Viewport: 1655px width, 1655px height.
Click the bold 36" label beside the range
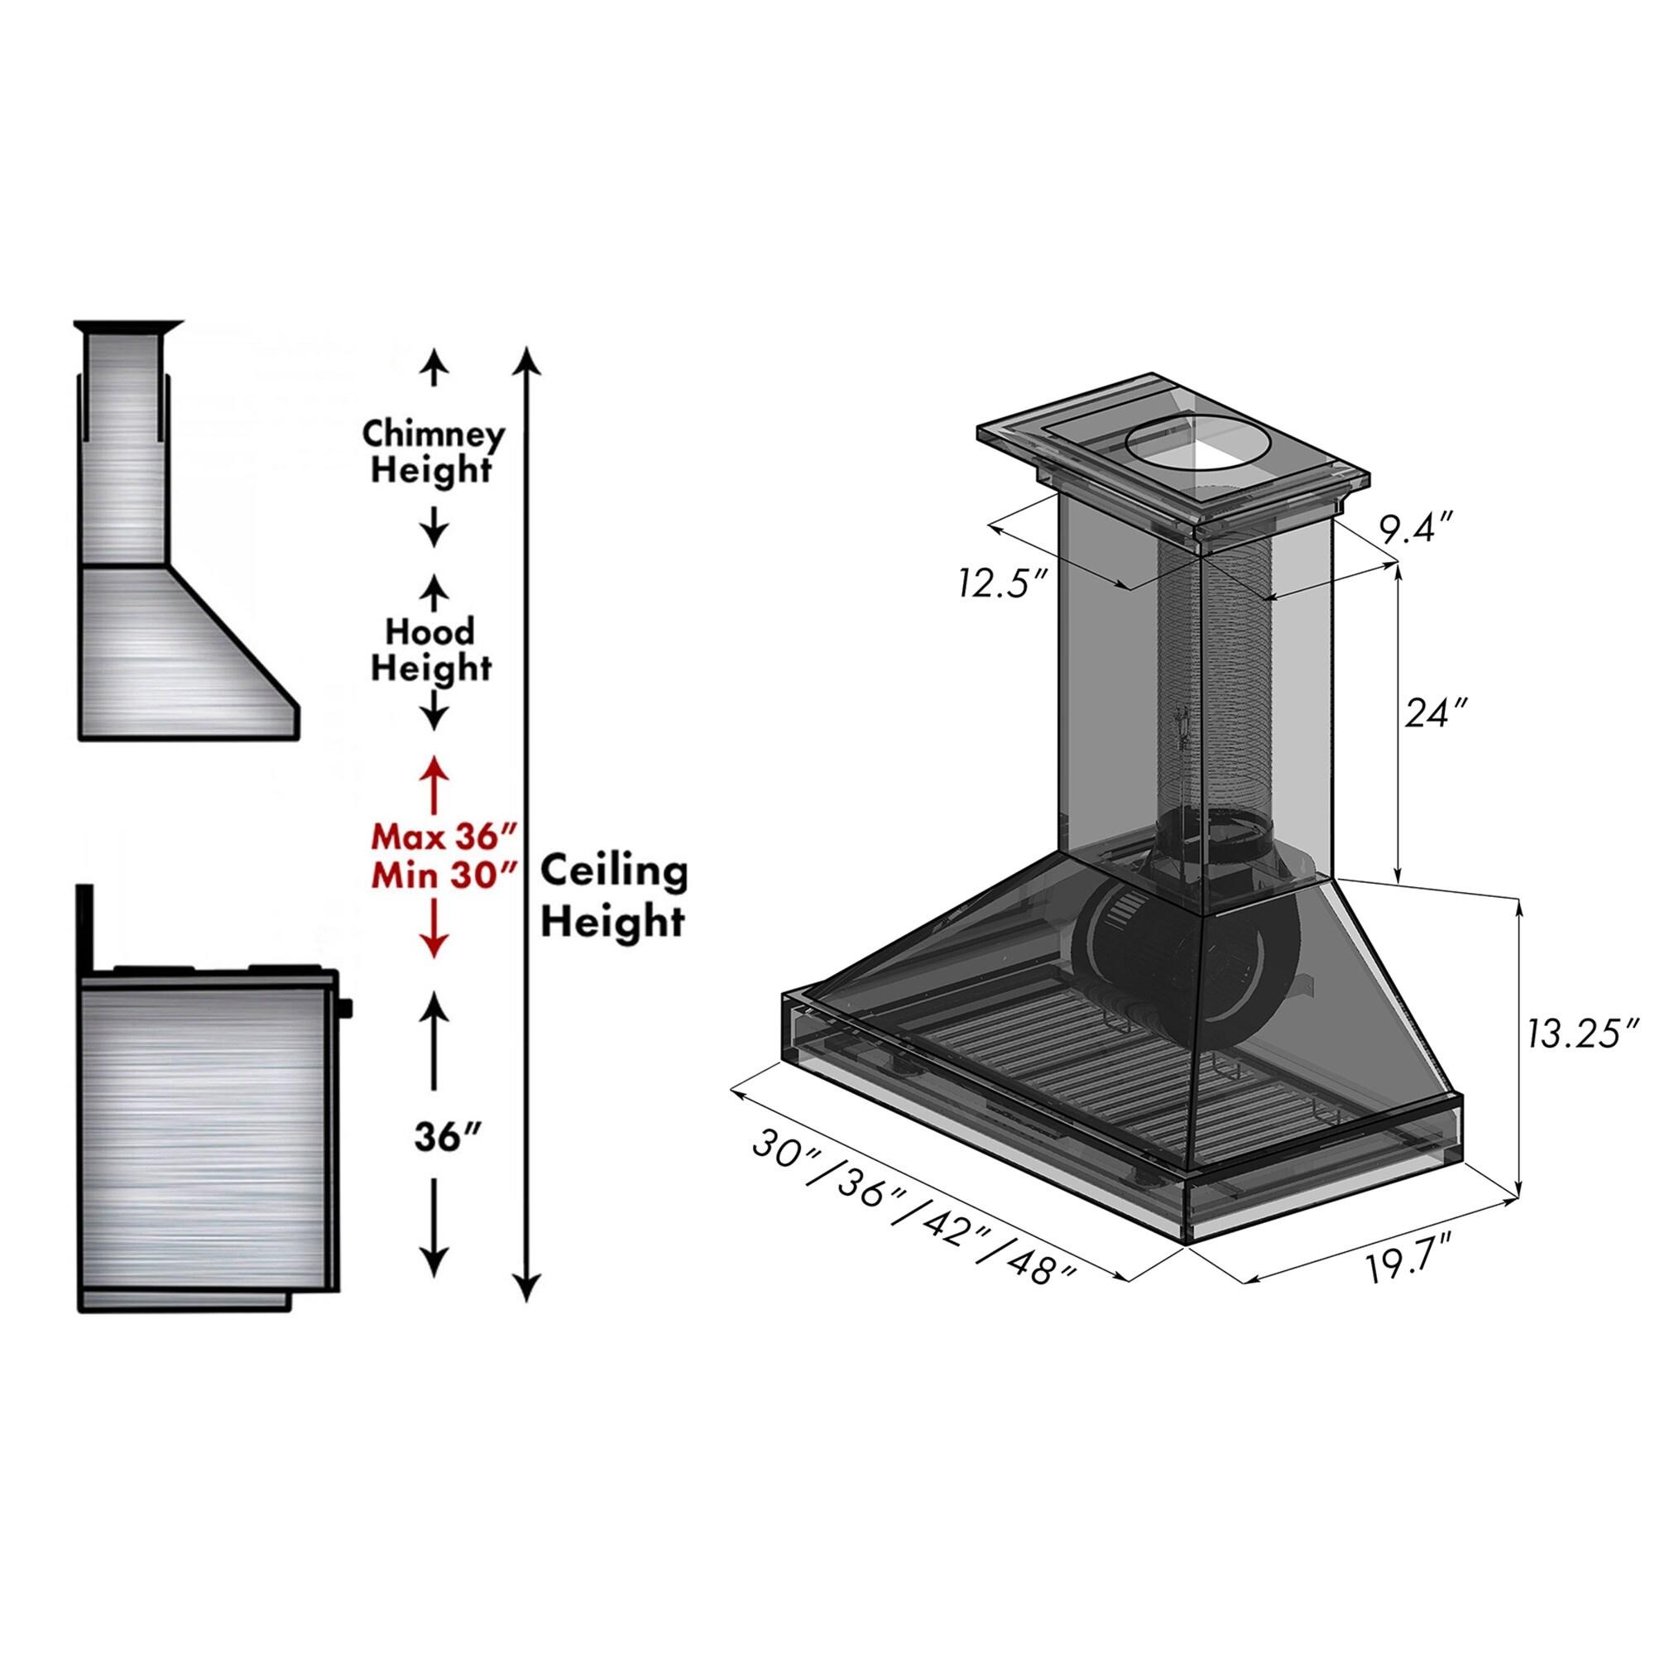click(444, 1137)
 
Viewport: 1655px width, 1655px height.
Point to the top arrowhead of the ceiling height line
click(530, 358)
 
